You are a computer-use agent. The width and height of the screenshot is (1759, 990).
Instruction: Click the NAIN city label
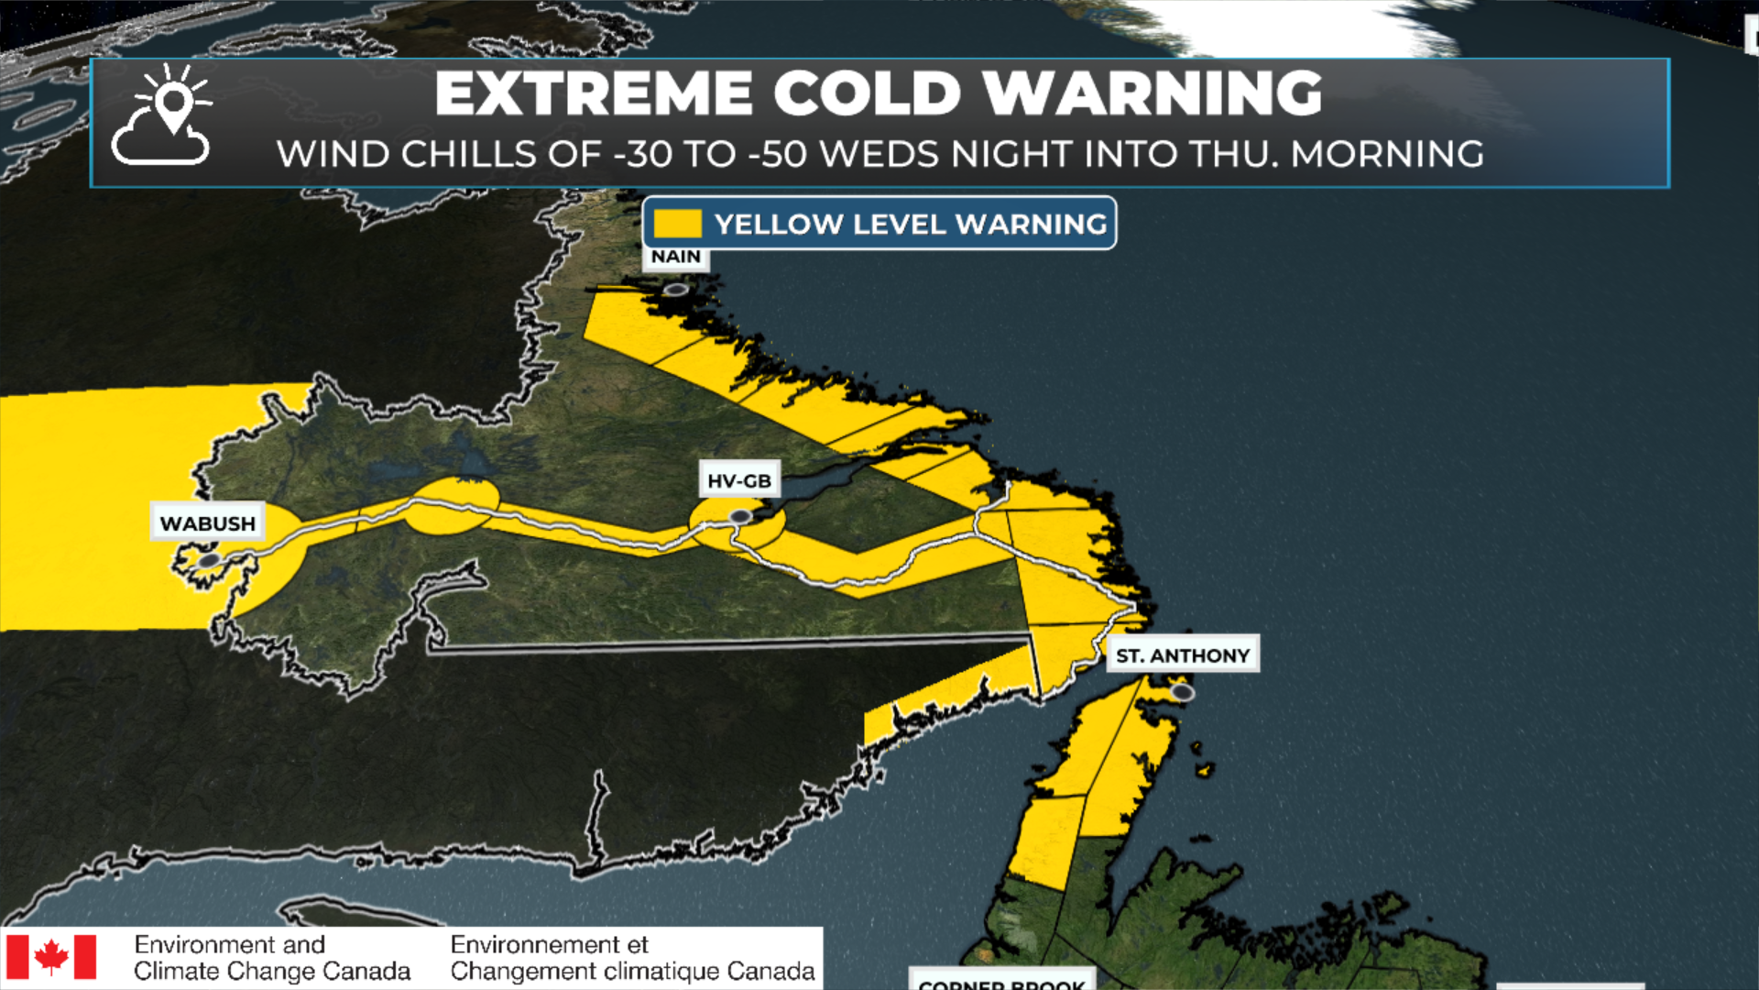pyautogui.click(x=676, y=258)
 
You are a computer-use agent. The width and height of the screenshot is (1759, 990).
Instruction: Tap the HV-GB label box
pyautogui.click(x=739, y=480)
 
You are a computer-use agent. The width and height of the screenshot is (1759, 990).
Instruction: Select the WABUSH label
pyautogui.click(x=208, y=523)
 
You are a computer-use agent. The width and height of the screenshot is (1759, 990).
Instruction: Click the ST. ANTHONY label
pyautogui.click(x=1183, y=655)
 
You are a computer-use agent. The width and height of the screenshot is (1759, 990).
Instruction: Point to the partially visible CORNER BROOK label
pyautogui.click(x=1001, y=983)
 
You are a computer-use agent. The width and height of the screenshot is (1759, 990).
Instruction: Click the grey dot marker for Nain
pyautogui.click(x=676, y=290)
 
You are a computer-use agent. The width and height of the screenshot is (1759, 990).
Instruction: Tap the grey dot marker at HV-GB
pyautogui.click(x=740, y=517)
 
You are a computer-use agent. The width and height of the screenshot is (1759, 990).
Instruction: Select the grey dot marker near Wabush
pyautogui.click(x=210, y=560)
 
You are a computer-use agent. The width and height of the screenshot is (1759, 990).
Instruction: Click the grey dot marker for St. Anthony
pyautogui.click(x=1183, y=692)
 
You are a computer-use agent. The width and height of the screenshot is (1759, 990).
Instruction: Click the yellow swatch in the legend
pyautogui.click(x=678, y=224)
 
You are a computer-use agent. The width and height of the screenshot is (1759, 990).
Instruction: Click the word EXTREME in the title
pyautogui.click(x=594, y=93)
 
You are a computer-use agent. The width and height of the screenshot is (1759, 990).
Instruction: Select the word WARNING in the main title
pyautogui.click(x=1153, y=93)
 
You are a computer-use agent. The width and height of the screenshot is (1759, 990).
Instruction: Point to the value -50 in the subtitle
pyautogui.click(x=778, y=154)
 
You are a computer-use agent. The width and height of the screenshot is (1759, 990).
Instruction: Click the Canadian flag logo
pyautogui.click(x=51, y=957)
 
